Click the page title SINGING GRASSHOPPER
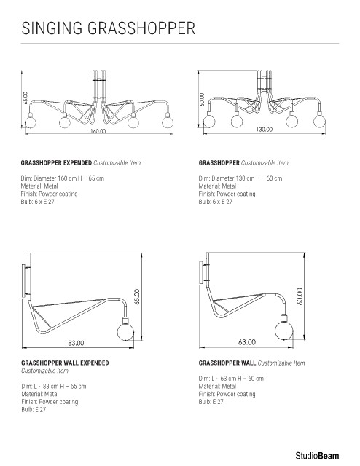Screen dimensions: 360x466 (x=109, y=28)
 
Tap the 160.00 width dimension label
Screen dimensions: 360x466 (x=98, y=131)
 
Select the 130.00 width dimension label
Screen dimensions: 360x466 (x=265, y=130)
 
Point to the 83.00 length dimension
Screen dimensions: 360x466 (x=76, y=343)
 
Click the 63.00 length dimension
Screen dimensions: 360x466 (x=247, y=342)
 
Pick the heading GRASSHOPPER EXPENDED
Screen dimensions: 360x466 (x=56, y=163)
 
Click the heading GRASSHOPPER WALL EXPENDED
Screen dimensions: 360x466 (x=65, y=363)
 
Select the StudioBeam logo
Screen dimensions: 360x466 (x=317, y=456)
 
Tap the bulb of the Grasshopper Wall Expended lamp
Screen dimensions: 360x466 (x=126, y=332)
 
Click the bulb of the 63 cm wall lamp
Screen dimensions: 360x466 (x=283, y=331)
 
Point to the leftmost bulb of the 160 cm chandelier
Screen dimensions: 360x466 (x=30, y=122)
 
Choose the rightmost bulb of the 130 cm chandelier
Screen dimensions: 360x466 (x=319, y=121)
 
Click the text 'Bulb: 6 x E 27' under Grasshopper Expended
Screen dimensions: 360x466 (x=37, y=202)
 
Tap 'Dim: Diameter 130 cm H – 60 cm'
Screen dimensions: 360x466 (x=240, y=178)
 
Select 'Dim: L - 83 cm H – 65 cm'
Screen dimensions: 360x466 (x=53, y=387)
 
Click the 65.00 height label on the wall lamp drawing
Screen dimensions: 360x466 (x=137, y=296)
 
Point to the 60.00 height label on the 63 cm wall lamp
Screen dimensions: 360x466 (x=300, y=296)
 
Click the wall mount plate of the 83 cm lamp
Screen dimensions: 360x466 (x=23, y=280)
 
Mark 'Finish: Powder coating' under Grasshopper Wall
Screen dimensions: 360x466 (x=227, y=394)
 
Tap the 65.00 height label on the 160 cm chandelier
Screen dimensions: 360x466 (x=25, y=98)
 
